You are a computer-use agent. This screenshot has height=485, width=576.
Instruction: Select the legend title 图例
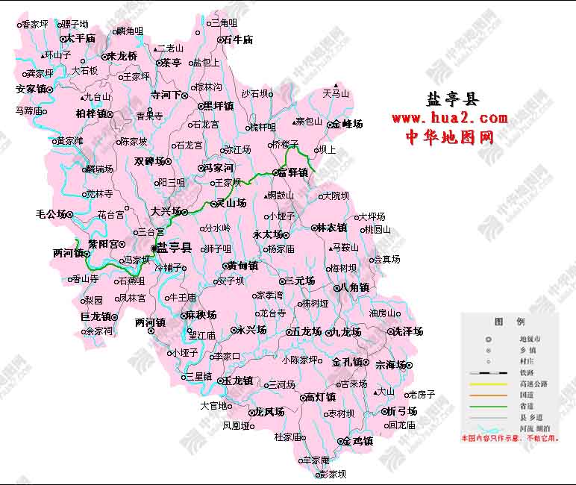509,322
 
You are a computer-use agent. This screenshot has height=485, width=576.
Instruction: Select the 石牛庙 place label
238,40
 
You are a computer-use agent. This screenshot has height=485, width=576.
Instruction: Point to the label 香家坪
35,25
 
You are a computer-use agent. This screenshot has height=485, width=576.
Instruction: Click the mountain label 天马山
336,94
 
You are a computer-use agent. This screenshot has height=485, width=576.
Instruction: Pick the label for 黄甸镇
242,266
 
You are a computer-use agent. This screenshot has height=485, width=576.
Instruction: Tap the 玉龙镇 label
238,380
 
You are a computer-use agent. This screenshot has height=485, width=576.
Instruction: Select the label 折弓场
401,411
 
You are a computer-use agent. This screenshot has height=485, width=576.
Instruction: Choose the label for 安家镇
31,89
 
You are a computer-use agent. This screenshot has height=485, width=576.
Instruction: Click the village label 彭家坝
332,474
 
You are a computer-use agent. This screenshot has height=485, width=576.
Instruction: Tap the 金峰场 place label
347,124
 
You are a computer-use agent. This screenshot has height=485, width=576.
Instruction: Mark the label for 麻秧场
201,315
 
